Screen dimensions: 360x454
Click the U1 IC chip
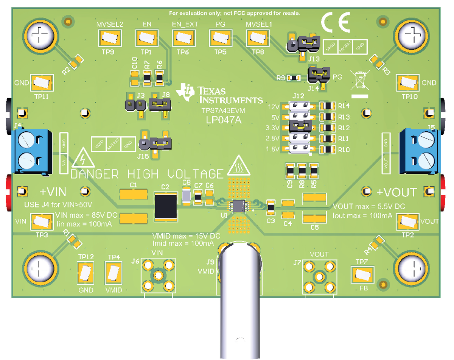(238, 206)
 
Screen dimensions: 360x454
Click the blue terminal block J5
(420, 150)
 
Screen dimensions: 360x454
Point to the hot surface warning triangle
(239, 167)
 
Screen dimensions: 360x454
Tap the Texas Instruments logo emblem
(188, 90)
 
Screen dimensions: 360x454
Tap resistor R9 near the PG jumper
(294, 78)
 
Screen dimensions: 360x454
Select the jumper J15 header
(155, 143)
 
